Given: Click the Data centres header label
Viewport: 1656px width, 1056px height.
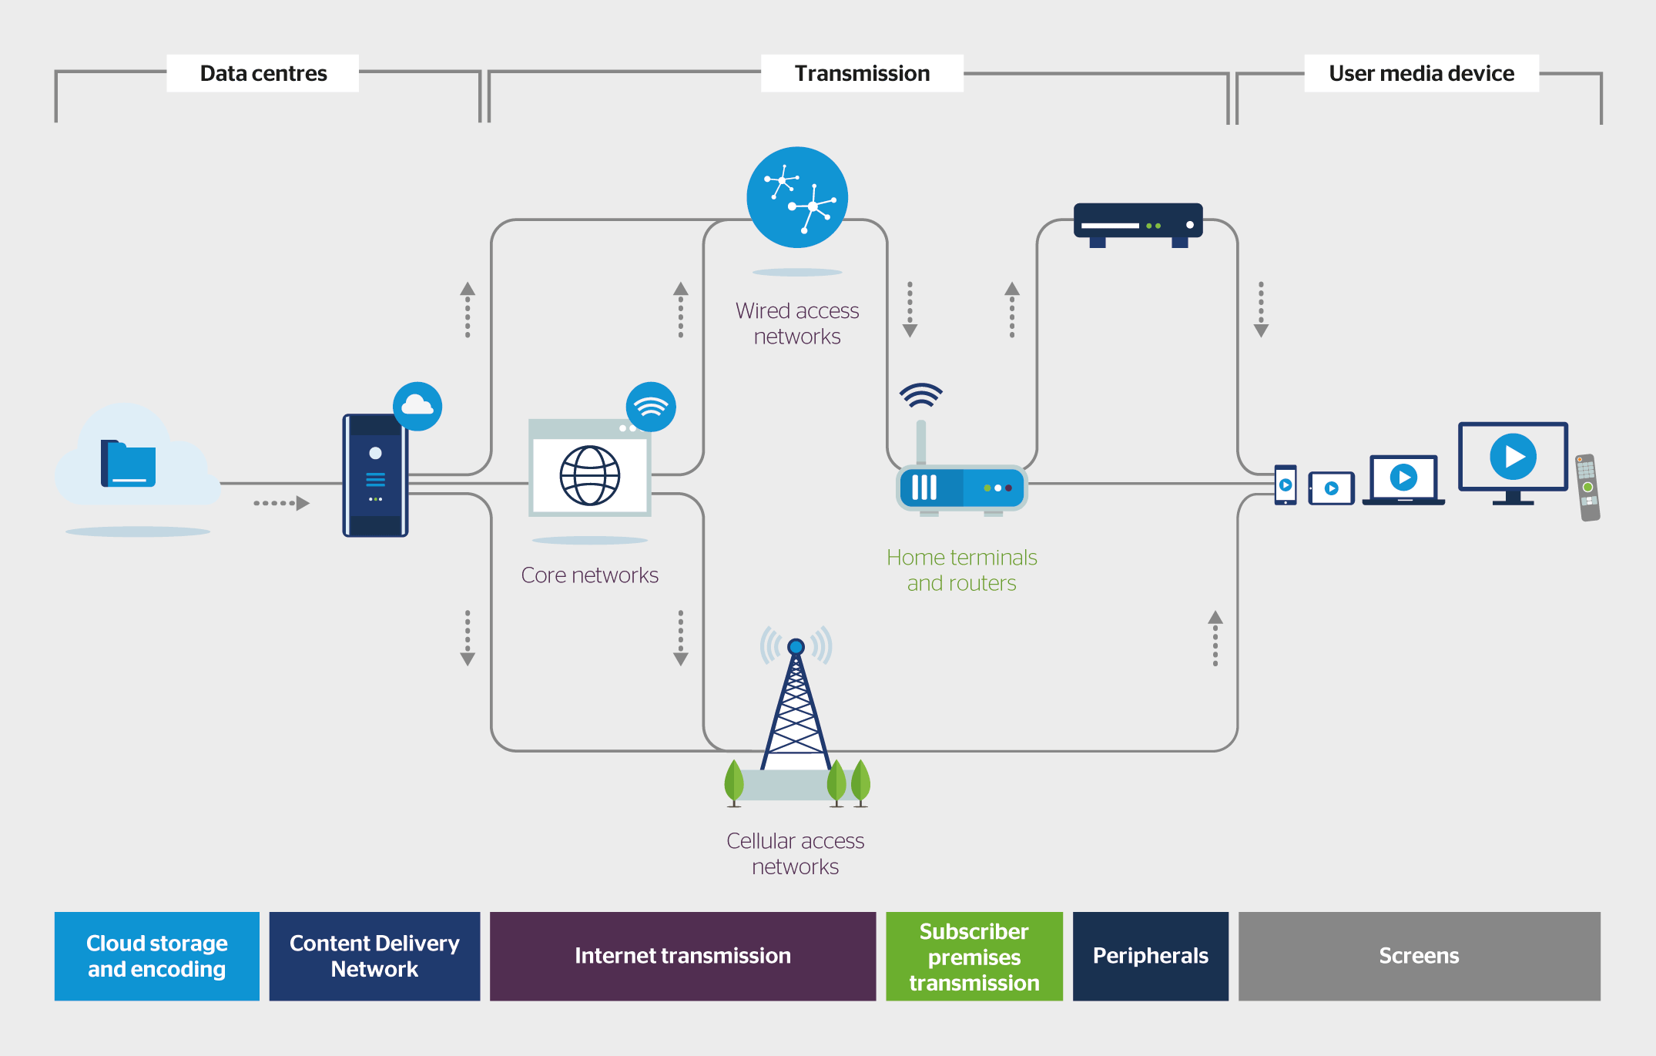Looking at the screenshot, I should tap(263, 73).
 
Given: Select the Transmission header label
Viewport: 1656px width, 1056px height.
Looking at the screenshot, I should tap(862, 73).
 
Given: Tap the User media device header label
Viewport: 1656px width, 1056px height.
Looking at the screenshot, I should tap(1421, 73).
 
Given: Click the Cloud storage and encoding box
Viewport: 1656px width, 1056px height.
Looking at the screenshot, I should tap(157, 956).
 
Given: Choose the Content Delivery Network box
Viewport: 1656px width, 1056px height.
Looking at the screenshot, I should tap(374, 956).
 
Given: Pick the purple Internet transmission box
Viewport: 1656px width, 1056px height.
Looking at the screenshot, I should tap(682, 956).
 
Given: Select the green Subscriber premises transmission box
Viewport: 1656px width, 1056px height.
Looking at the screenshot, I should tap(974, 956).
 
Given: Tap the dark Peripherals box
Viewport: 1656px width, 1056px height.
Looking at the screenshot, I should tap(1150, 956).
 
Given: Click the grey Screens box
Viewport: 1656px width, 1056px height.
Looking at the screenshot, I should tap(1419, 956).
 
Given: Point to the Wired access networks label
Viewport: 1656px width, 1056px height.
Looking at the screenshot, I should tap(797, 324).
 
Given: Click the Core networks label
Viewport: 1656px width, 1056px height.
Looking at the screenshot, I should tap(589, 575).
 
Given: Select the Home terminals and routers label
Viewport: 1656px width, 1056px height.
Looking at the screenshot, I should tap(961, 570).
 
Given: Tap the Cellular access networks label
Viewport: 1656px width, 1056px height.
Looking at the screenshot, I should tap(795, 853).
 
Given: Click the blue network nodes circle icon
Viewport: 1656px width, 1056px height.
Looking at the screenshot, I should tap(797, 197).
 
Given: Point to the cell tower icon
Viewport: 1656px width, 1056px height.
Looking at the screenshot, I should tap(796, 709).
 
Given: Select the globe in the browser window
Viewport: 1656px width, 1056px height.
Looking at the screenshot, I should tap(590, 475).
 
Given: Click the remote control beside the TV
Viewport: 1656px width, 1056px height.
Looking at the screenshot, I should tap(1587, 488).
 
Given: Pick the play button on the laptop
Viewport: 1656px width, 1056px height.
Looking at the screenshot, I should tap(1403, 478).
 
